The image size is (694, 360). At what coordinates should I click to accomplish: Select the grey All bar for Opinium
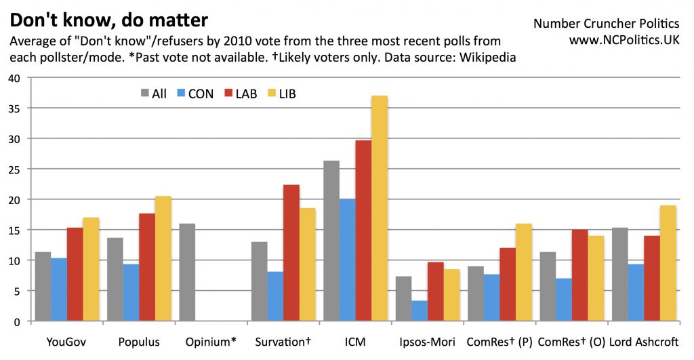(x=187, y=272)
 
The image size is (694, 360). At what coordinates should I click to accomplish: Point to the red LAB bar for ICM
(x=363, y=231)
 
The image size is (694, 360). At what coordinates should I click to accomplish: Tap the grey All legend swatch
(x=145, y=94)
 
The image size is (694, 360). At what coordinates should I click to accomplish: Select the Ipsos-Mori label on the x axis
(x=427, y=342)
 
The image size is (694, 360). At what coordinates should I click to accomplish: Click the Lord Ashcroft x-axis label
(x=645, y=342)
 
